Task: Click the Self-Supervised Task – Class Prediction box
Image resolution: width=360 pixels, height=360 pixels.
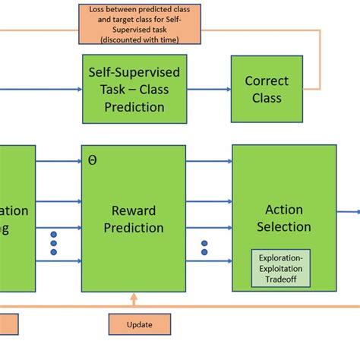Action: [x=134, y=89]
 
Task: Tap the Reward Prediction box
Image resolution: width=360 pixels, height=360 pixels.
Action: [x=134, y=218]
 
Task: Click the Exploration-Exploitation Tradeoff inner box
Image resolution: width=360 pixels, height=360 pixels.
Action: [x=281, y=267]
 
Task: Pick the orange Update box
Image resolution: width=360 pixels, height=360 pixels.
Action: [x=140, y=324]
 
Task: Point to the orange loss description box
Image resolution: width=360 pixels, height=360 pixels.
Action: [x=141, y=24]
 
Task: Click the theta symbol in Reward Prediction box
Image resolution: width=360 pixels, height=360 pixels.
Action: [x=93, y=160]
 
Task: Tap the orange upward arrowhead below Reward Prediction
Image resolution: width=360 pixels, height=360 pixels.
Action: [x=134, y=297]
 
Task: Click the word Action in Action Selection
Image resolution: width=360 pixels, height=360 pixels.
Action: [x=284, y=210]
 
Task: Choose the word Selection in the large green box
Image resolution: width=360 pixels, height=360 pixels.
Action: [x=284, y=226]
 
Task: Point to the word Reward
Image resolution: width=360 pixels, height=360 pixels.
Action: [x=134, y=210]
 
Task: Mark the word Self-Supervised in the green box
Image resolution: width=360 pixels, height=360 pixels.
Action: [x=134, y=73]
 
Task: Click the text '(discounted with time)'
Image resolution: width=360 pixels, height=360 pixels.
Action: [x=141, y=39]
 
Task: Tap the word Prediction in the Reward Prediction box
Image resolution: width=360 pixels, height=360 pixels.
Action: [x=134, y=227]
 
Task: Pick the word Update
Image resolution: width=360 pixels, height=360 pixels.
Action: [x=140, y=324]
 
